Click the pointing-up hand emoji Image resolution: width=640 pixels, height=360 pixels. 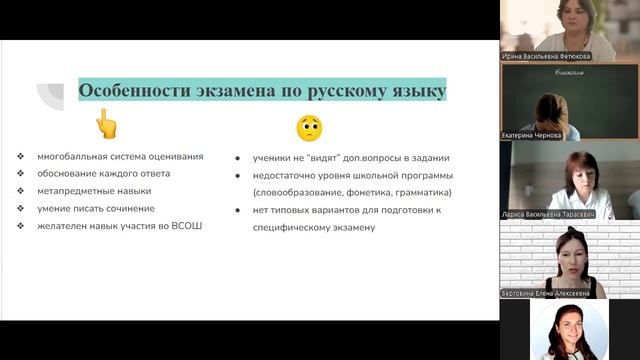106,125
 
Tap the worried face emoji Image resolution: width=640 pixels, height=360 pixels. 309,127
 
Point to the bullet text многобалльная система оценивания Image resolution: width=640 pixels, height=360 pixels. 120,156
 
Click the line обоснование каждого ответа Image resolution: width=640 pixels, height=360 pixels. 104,173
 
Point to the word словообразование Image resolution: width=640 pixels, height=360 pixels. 294,192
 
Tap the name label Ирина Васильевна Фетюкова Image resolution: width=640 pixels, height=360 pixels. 545,56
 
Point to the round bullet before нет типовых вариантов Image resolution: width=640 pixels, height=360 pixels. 239,210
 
